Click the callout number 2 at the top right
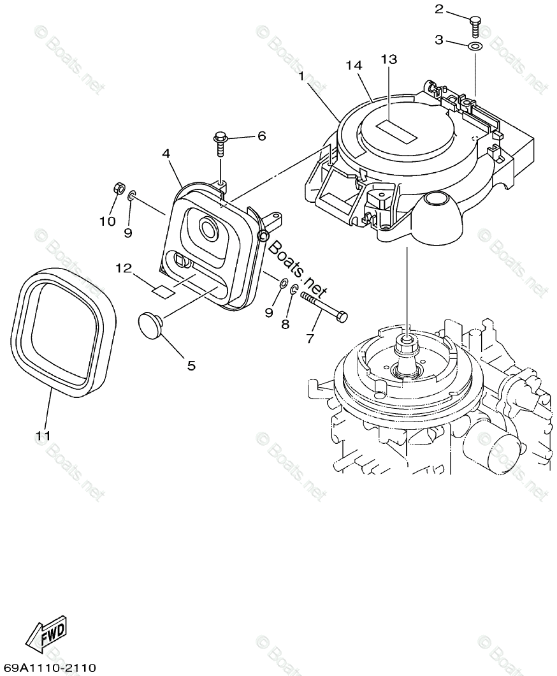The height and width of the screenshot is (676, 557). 439,9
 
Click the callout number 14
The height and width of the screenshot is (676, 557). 354,65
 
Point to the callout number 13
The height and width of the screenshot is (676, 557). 389,59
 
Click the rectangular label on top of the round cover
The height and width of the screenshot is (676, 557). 396,131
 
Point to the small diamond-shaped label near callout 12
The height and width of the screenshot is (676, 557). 162,291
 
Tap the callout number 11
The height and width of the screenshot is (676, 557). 43,436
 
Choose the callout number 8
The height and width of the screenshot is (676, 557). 285,324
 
